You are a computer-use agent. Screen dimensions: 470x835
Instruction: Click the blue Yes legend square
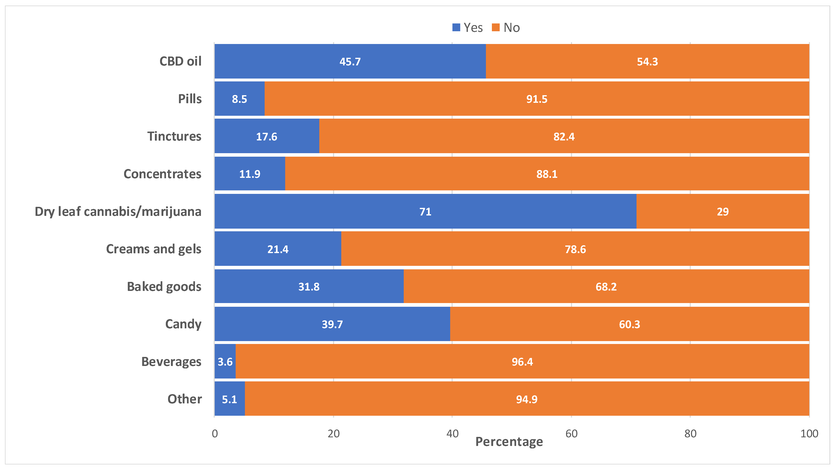[456, 28]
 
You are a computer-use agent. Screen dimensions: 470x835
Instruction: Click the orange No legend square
[496, 28]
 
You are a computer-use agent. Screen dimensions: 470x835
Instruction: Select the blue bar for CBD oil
[350, 61]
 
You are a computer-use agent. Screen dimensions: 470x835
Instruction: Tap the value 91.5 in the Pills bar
[537, 99]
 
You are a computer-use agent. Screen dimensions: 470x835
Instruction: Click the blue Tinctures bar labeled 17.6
[266, 137]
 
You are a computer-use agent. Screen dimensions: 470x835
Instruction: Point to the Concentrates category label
[162, 174]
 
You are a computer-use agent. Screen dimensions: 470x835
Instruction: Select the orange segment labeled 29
[723, 212]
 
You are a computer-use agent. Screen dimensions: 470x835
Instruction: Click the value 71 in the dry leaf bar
[425, 212]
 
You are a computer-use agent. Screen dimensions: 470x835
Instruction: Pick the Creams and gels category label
[154, 249]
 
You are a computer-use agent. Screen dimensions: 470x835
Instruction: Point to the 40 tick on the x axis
[452, 434]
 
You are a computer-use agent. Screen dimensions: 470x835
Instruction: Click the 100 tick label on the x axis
[809, 434]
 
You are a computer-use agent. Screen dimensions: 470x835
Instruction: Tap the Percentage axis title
[509, 442]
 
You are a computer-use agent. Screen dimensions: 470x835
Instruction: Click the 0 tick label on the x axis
[215, 434]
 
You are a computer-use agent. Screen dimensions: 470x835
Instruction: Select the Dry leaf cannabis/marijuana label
[118, 212]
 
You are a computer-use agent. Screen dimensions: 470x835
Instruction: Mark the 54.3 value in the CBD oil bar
[647, 61]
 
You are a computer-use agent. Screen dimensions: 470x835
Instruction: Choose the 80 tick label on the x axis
[690, 434]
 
